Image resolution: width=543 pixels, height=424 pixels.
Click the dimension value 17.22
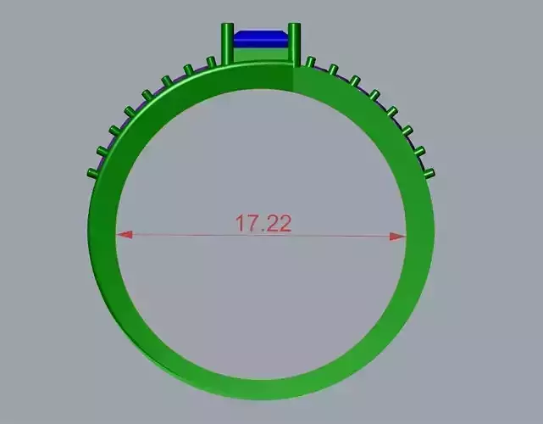[263, 223]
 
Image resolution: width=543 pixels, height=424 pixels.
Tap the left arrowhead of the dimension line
[124, 236]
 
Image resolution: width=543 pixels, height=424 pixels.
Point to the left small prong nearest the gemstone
[211, 62]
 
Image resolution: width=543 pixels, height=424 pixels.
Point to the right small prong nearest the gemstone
[311, 63]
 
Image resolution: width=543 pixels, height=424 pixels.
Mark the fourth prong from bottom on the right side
[392, 111]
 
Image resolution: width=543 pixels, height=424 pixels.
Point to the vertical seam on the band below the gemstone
[292, 81]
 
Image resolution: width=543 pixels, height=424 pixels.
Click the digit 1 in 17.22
[240, 223]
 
